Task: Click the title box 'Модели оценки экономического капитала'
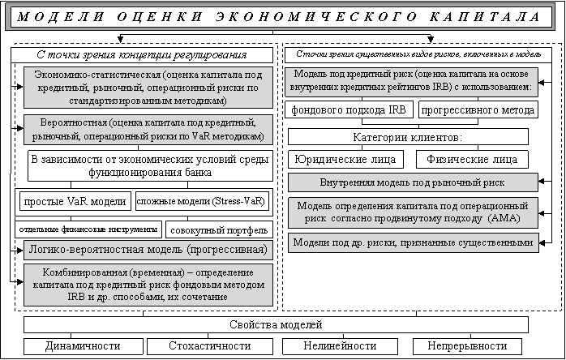click(283, 17)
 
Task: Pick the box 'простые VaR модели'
click(75, 200)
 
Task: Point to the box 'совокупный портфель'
click(215, 229)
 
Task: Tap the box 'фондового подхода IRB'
click(348, 109)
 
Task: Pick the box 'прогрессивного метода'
click(478, 109)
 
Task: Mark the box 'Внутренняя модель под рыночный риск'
click(413, 182)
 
